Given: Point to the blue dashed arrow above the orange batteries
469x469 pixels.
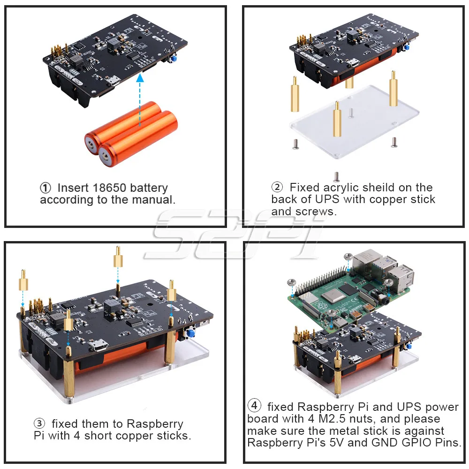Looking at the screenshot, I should [139, 101].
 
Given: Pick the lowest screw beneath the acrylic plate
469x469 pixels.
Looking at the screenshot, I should [336, 176].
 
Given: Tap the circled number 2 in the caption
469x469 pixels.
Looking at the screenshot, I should [277, 188].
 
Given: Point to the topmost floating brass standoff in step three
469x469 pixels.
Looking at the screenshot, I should [117, 257].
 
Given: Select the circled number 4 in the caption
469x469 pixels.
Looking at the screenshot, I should [254, 406].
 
